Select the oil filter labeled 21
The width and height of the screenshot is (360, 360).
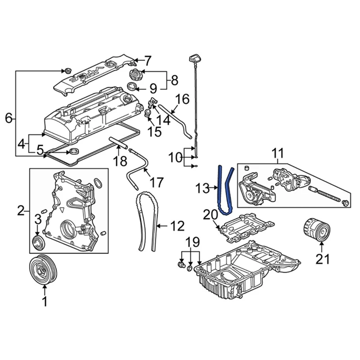click(x=315, y=229)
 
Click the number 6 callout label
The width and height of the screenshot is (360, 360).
click(x=9, y=118)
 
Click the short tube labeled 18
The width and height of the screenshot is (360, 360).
click(x=117, y=144)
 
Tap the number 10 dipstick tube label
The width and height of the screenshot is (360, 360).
click(x=177, y=157)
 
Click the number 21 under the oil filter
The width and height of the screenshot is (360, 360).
click(x=324, y=259)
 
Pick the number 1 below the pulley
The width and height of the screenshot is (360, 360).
click(x=45, y=302)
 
